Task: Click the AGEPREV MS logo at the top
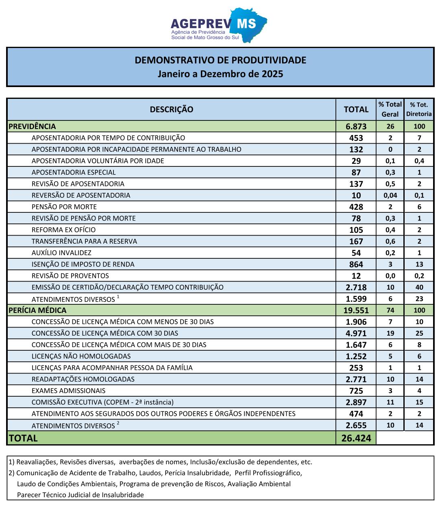pos(219,25)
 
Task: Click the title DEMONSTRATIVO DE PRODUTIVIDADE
pos(220,60)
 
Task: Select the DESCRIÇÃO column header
pos(171,109)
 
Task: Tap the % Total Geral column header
pos(390,109)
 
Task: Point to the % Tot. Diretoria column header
pos(419,109)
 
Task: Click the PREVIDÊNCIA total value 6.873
pos(356,127)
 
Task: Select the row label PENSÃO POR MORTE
pos(64,207)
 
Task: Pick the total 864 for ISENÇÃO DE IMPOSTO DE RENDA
pos(356,264)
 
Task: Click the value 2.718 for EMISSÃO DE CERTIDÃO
pos(356,287)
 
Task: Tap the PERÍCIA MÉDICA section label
pos(37,310)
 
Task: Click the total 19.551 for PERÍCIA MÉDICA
pos(356,310)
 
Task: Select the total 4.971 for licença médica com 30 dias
pos(356,334)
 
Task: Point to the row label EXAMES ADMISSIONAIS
pos(68,391)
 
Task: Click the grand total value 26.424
pos(356,439)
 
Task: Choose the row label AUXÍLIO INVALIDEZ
pos(61,253)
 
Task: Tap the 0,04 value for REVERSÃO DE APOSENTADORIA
pos(390,195)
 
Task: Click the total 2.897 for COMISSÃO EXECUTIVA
pos(356,402)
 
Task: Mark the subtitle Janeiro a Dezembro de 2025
pos(220,74)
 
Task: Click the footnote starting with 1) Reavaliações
pos(160,462)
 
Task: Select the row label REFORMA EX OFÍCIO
pos(63,230)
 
